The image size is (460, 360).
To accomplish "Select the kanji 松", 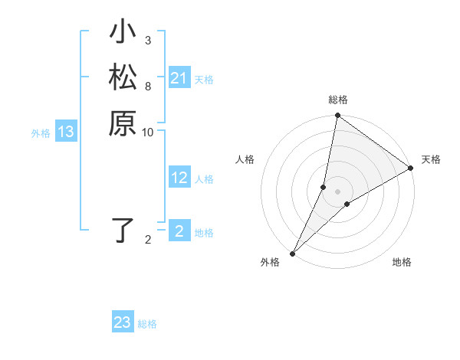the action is tap(123, 78).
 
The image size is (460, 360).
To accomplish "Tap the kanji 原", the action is tap(123, 123).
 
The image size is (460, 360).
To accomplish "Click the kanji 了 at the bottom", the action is tap(123, 231).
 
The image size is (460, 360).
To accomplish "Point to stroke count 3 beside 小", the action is tap(148, 41).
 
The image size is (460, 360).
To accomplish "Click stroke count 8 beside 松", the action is tap(148, 86).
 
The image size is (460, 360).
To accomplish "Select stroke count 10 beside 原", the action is tap(148, 132).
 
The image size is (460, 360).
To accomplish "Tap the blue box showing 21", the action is tap(179, 78).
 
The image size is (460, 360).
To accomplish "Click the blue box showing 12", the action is tap(179, 178).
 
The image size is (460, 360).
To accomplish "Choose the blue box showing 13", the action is tap(67, 132).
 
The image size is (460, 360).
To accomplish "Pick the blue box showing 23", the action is tap(123, 322).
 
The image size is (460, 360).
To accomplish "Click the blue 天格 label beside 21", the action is tap(204, 79).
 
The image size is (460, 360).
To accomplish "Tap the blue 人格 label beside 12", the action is tap(204, 179).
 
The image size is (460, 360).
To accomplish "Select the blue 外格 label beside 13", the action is tap(41, 133).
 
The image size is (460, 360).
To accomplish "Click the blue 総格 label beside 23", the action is tap(147, 324).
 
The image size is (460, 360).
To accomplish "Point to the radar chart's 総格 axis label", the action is tap(337, 100).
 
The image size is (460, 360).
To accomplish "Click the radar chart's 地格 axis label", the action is tap(402, 263).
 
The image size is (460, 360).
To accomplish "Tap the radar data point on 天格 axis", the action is tap(411, 169).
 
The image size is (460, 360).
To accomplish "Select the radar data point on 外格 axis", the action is tap(293, 254).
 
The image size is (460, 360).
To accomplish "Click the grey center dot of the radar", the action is tap(338, 191).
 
